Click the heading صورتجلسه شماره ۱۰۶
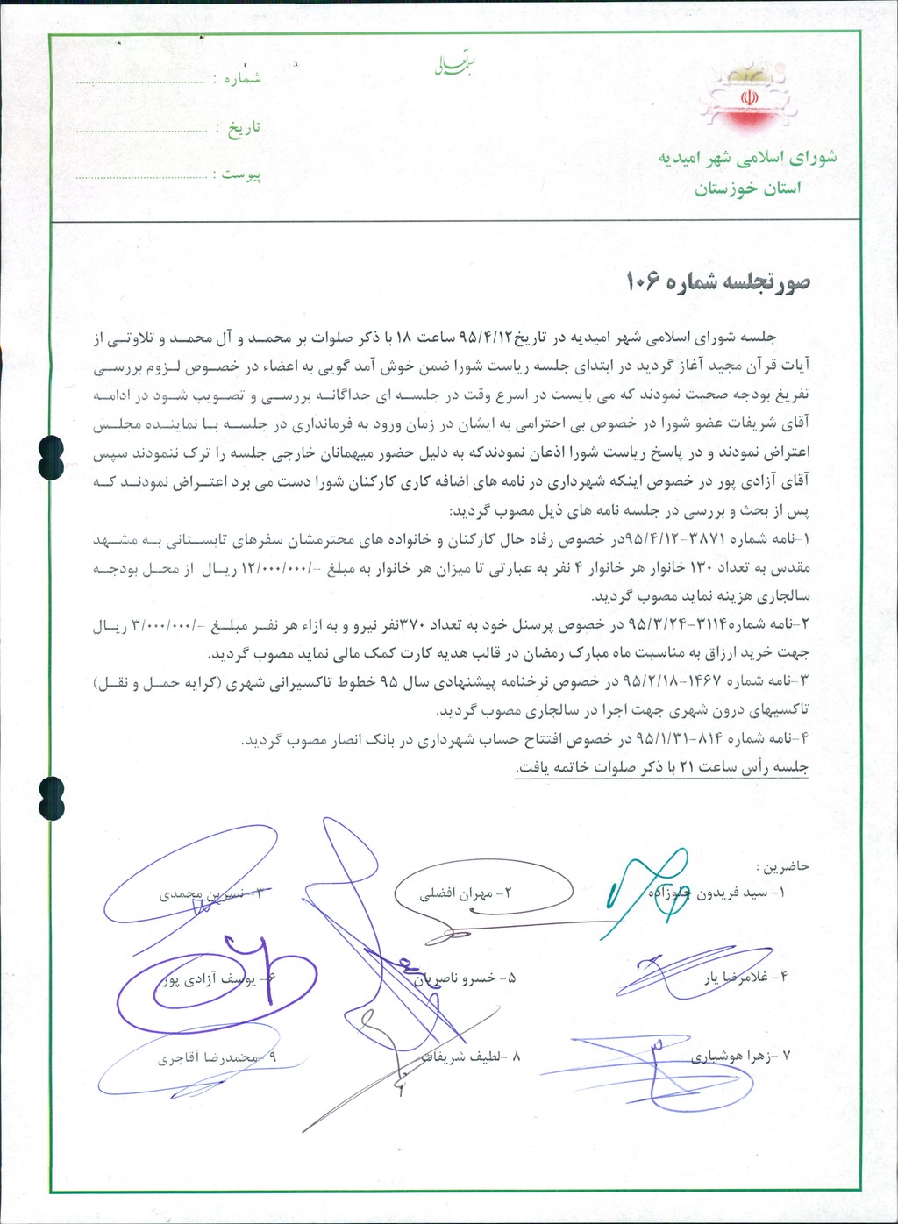coord(717,282)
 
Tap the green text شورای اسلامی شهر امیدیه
coord(747,158)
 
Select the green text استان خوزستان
coord(747,189)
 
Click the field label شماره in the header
coord(243,78)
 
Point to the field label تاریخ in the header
coord(245,128)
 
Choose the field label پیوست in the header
coord(241,174)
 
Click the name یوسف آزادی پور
coord(210,979)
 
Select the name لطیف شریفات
coord(465,1057)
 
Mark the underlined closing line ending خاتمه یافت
coord(662,767)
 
